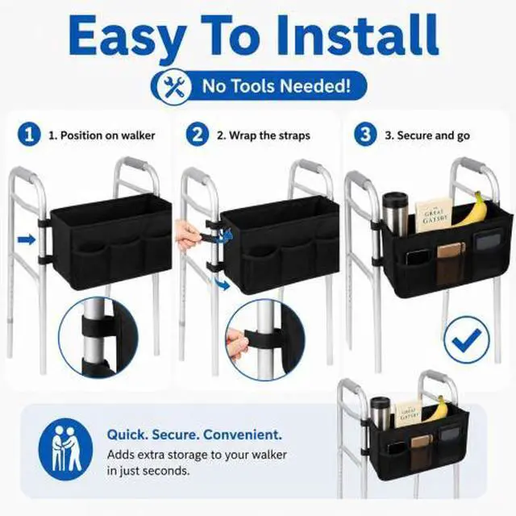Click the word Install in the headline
click(x=356, y=35)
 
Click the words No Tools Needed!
click(x=277, y=86)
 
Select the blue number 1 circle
click(x=29, y=135)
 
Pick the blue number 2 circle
click(x=198, y=135)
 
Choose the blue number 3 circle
click(x=365, y=135)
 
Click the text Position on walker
click(x=107, y=135)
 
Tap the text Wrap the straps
click(x=269, y=135)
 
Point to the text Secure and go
click(x=434, y=135)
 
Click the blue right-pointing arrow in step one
click(x=27, y=239)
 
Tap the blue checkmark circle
click(x=466, y=339)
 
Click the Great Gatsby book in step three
click(x=434, y=214)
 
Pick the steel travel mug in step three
click(x=395, y=212)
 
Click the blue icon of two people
click(x=66, y=450)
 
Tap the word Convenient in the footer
click(x=243, y=435)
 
